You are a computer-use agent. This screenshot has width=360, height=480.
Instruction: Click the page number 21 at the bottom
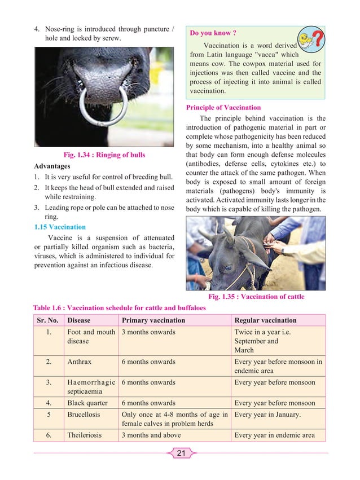click(x=180, y=453)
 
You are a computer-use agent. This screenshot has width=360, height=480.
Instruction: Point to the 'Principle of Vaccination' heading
click(x=223, y=107)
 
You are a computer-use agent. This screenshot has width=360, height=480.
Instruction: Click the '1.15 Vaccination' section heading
click(x=60, y=227)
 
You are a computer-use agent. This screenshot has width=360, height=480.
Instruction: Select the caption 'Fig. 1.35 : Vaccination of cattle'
click(x=256, y=297)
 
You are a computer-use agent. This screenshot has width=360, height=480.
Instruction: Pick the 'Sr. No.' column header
click(x=49, y=320)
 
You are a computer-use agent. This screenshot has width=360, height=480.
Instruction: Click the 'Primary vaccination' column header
click(x=153, y=320)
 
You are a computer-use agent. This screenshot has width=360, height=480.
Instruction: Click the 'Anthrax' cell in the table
click(x=80, y=362)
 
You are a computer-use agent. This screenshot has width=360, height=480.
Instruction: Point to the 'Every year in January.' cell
click(x=267, y=415)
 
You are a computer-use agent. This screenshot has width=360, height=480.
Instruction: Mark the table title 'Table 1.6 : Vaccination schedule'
click(x=119, y=308)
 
